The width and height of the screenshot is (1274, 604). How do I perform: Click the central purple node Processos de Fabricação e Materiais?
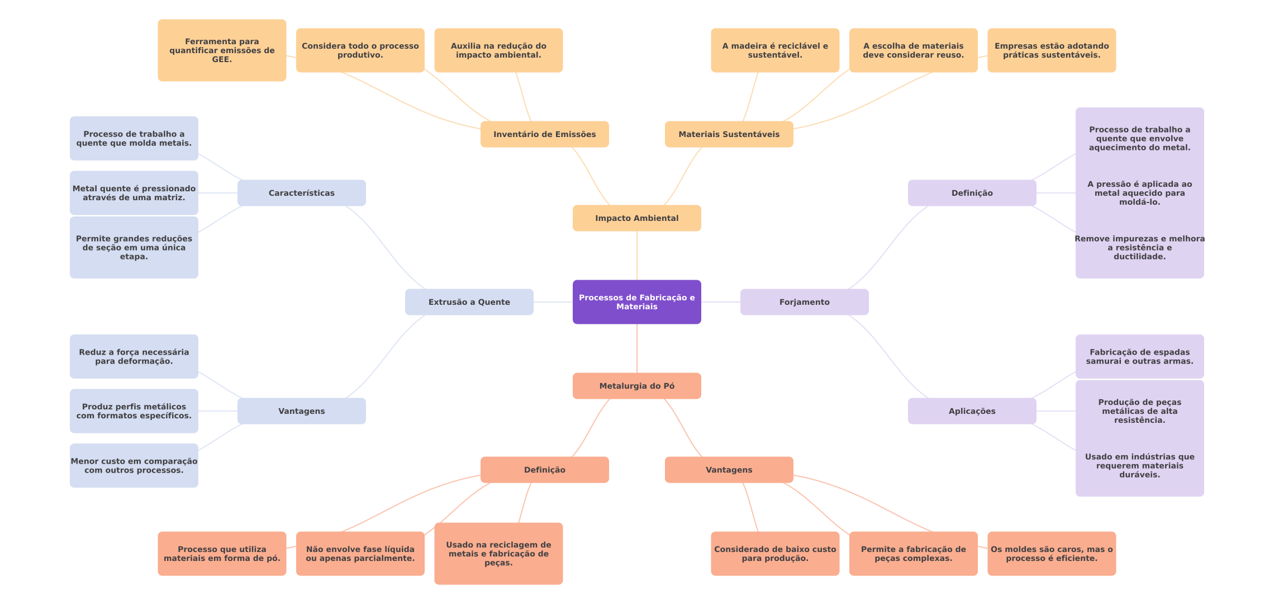tap(636, 302)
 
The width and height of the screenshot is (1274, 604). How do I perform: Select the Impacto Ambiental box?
tap(636, 218)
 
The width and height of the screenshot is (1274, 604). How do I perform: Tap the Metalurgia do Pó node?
tap(636, 386)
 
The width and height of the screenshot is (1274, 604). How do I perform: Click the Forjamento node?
tap(804, 302)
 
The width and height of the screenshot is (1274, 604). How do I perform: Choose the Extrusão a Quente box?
tap(469, 302)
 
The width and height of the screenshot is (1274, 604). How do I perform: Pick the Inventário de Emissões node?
tap(544, 134)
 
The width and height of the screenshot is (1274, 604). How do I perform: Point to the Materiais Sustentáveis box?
tap(729, 134)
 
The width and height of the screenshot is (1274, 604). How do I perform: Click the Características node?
tap(301, 193)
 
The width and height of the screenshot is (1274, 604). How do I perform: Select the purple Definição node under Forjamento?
tap(972, 193)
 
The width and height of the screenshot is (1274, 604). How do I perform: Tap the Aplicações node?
tap(972, 411)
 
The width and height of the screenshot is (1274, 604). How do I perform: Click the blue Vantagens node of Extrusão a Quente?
tap(301, 411)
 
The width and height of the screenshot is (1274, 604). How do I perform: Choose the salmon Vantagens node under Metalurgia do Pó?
tap(729, 470)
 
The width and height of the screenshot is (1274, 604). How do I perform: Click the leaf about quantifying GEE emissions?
tap(222, 50)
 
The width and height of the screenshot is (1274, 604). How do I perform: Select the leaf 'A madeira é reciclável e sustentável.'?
tap(775, 50)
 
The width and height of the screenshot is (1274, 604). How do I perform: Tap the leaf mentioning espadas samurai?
tap(1139, 357)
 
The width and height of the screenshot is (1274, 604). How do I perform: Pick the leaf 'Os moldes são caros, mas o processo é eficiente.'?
tap(1052, 554)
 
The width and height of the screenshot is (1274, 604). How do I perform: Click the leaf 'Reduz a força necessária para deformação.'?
tap(134, 357)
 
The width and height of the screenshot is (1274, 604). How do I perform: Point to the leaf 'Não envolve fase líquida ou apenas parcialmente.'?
tap(360, 554)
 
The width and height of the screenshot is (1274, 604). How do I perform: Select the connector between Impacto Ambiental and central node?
tap(637, 256)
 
